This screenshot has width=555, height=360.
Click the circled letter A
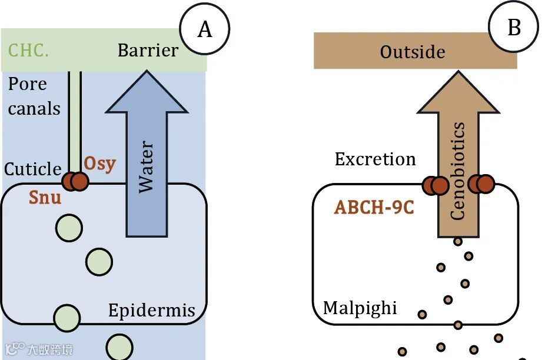pos(204,28)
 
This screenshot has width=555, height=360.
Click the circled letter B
pos(513,27)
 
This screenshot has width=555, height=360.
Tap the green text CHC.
pos(29,50)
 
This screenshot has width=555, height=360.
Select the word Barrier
pos(148,50)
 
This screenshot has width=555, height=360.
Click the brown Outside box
pos(415,51)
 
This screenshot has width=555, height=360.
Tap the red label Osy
pos(99,163)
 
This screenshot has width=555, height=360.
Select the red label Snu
pos(45,196)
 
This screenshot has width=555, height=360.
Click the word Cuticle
pos(33,169)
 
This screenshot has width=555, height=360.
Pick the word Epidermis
pos(151,310)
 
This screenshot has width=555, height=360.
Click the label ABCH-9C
pos(374,208)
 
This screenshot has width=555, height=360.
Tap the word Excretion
pos(375,159)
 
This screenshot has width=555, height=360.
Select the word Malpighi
pos(360,308)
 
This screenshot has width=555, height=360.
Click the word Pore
pos(27,84)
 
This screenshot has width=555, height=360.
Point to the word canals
pos(34,108)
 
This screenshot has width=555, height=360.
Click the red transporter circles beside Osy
pos(75,181)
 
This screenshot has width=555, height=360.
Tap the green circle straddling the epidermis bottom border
pos(67,318)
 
